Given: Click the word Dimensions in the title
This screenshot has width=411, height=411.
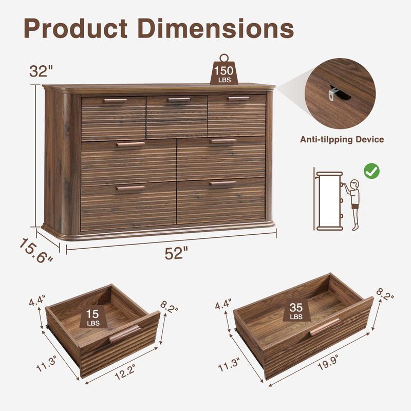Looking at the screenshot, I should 218,29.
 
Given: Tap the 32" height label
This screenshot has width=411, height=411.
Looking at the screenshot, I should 41,71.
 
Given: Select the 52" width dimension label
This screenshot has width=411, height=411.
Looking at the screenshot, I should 176,253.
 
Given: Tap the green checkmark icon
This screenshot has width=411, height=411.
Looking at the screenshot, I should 371,172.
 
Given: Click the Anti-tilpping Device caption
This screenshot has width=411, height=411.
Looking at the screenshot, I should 342,139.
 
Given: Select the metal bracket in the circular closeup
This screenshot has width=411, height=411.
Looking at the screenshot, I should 334,92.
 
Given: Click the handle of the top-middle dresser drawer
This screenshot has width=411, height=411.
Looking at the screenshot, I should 178,100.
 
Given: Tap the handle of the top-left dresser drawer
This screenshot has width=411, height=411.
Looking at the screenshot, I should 115,100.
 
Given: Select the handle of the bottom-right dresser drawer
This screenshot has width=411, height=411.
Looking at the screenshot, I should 222,183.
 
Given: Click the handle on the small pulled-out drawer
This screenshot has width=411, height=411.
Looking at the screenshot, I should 124,334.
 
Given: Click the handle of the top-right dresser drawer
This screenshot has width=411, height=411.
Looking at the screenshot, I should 238,98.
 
